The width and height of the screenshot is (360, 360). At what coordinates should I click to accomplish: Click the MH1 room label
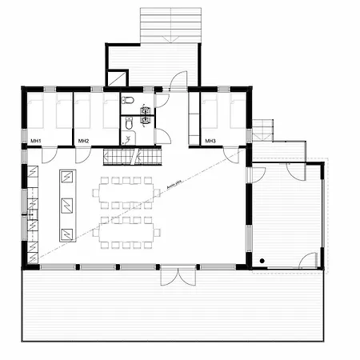[x=35, y=142]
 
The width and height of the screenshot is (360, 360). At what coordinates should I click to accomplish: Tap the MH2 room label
[x=83, y=142]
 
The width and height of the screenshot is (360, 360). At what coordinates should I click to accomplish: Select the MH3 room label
[x=210, y=142]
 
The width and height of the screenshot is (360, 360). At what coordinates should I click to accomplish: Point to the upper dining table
[x=127, y=193]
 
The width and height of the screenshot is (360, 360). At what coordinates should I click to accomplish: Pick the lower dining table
[x=127, y=232]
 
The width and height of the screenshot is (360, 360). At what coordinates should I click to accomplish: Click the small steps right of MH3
[x=262, y=129]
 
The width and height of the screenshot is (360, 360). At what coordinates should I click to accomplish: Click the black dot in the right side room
[x=261, y=262]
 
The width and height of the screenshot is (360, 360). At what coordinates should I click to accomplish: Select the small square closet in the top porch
[x=117, y=78]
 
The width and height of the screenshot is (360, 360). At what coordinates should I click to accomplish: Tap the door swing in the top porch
[x=179, y=78]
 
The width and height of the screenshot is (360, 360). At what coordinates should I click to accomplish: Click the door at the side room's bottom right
[x=309, y=261]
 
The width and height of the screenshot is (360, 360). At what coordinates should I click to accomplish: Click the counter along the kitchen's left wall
[x=32, y=214]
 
